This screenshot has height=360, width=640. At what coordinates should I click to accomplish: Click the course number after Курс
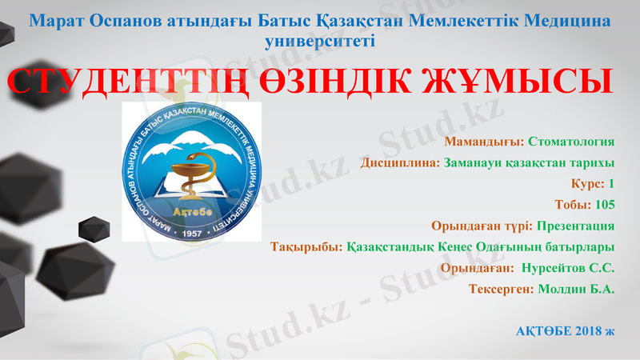pos(610,183)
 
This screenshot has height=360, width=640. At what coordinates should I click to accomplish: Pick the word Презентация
pos(575,225)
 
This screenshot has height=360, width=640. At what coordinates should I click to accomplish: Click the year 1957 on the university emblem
pos(192,231)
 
